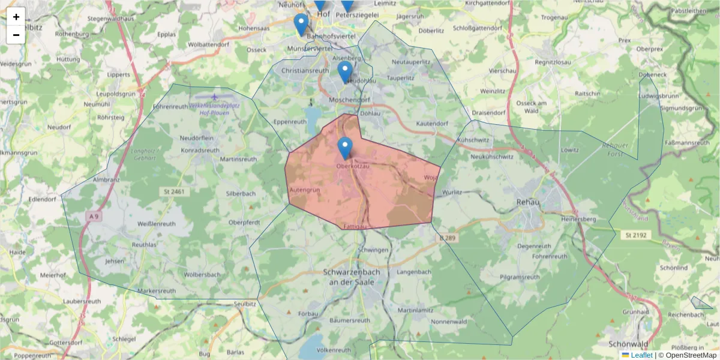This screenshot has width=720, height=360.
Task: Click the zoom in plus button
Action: pyautogui.click(x=16, y=17)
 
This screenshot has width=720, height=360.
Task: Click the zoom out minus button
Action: pyautogui.click(x=16, y=35)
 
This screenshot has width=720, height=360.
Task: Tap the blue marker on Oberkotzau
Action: pyautogui.click(x=345, y=147)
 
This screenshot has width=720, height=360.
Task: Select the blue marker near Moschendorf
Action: pyautogui.click(x=344, y=71)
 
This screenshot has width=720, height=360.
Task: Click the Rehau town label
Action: pyautogui.click(x=529, y=202)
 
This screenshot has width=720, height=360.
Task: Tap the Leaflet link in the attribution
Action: pyautogui.click(x=641, y=355)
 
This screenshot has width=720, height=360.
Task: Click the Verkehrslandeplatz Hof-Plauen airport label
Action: pyautogui.click(x=214, y=109)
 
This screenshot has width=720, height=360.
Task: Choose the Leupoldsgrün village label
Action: pyautogui.click(x=115, y=94)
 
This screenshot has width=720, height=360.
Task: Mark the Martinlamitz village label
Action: pyautogui.click(x=415, y=310)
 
